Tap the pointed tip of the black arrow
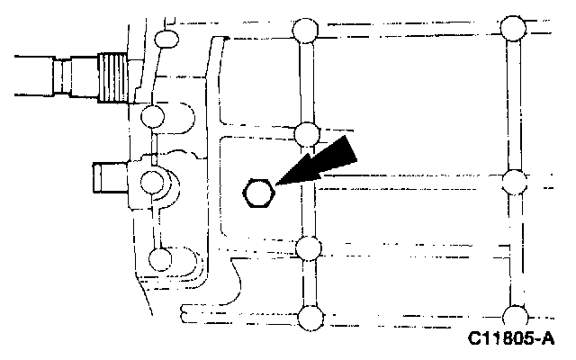278,184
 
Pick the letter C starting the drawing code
473,342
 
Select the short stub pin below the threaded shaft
107,176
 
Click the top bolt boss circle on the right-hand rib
514,26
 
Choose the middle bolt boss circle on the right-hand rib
514,182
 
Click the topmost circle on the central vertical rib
305,32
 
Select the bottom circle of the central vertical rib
309,317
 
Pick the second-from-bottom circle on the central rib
308,248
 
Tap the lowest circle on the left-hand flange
159,259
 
